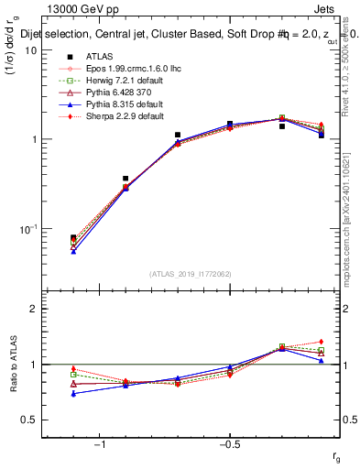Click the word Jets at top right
pos(334,9)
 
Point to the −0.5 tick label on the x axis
pos(229,445)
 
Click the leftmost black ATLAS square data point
pos(73,237)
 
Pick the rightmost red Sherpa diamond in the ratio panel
pos(322,342)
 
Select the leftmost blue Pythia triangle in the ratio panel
pos(73,394)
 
